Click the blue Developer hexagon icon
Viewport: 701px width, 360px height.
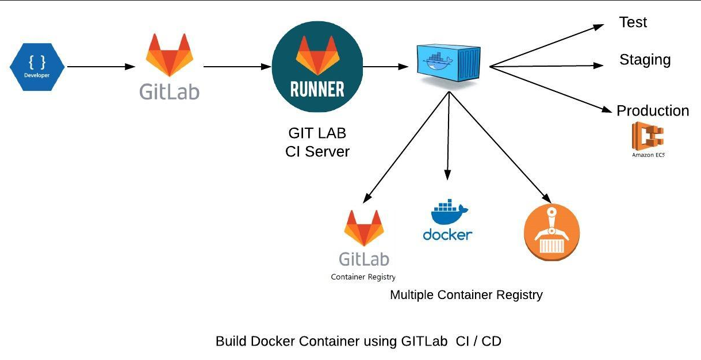pos(37,66)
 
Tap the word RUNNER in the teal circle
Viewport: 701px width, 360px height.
pos(317,89)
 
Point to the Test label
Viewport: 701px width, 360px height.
pos(633,22)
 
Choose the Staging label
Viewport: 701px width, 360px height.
pos(645,60)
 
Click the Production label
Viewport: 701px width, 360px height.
pos(653,110)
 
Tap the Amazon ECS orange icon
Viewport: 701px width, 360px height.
pos(648,136)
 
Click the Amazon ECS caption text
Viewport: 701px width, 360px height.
pos(648,155)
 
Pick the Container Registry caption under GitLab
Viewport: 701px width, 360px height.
pos(363,277)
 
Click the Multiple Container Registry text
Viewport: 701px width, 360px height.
pos(466,295)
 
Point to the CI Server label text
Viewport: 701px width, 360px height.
pos(317,151)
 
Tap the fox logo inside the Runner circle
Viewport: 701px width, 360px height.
pos(317,56)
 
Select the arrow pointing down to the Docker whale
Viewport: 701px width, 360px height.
pos(447,138)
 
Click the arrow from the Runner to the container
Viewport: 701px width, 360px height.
pos(385,67)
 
